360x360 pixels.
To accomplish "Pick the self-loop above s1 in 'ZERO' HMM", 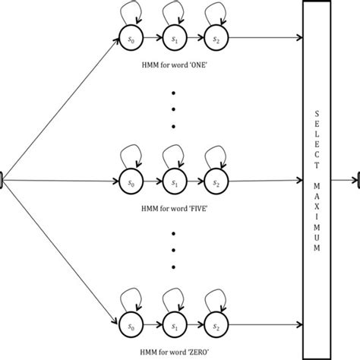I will tap(171, 300).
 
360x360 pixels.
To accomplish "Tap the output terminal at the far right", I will tap(356, 182).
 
